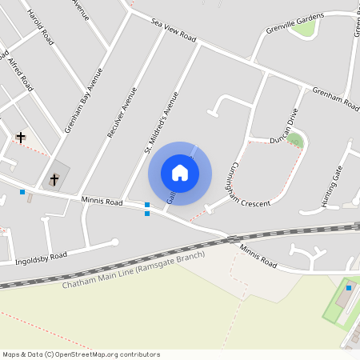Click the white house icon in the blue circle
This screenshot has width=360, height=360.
coord(180,173)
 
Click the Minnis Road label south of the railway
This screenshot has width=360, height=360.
coord(258,256)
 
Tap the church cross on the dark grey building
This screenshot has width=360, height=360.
coord(54,178)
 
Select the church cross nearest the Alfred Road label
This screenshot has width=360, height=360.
coord(21,137)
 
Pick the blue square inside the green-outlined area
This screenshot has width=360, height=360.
coord(349,288)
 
